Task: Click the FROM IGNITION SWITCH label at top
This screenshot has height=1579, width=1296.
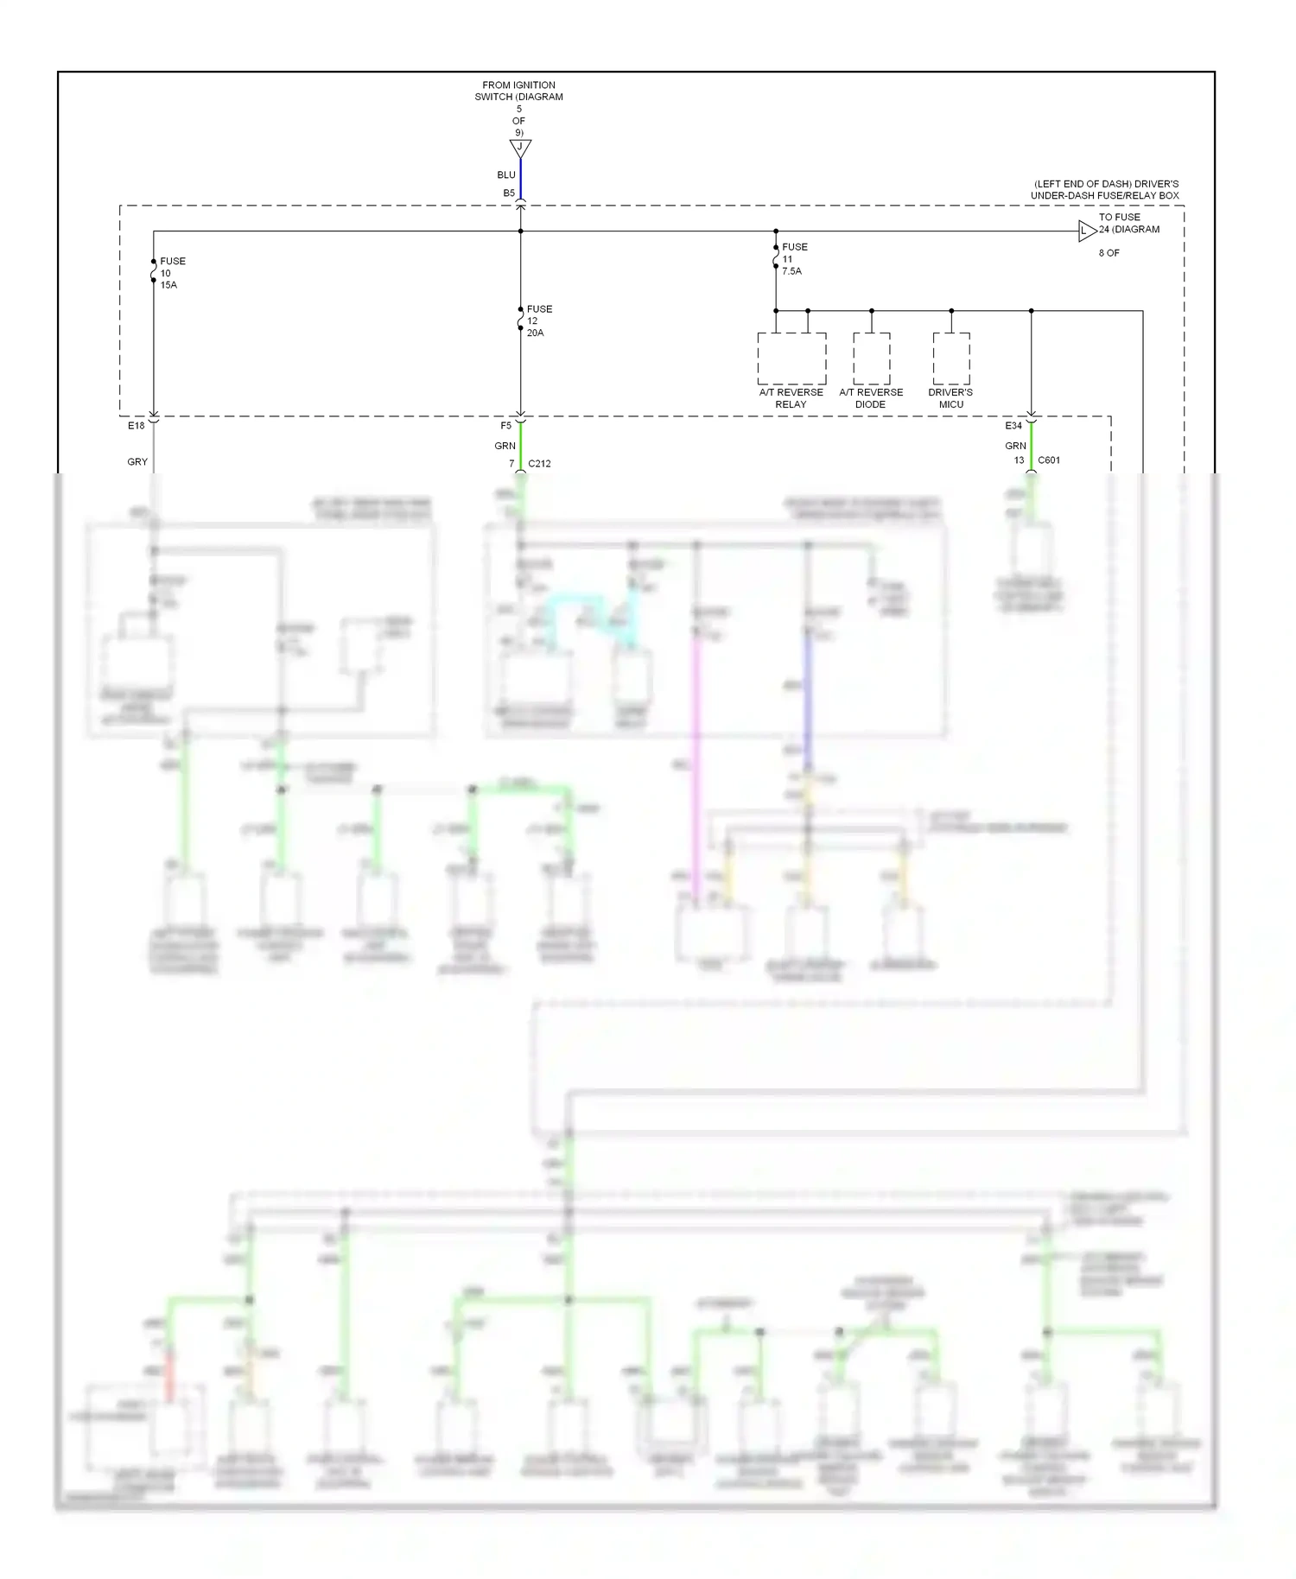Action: click(x=518, y=91)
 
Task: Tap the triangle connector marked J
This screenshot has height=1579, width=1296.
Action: click(x=520, y=148)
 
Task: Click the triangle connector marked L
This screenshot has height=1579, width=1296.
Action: click(x=1085, y=231)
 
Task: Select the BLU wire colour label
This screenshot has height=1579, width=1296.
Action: click(x=506, y=174)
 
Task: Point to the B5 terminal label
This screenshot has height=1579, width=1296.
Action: click(x=509, y=193)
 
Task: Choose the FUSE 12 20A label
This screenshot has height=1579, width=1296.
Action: click(x=539, y=320)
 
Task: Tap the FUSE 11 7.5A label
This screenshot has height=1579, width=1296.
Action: click(x=794, y=258)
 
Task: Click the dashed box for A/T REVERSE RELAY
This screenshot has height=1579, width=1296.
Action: click(x=791, y=358)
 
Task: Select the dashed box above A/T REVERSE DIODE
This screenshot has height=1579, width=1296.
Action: click(x=871, y=358)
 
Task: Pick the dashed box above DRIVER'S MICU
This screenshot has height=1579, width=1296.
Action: click(x=950, y=358)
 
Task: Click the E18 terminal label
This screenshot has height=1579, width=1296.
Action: click(x=137, y=426)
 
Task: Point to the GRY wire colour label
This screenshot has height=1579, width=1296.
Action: click(x=137, y=462)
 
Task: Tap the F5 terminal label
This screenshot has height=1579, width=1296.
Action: click(x=506, y=426)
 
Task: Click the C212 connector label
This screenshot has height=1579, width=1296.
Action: click(x=539, y=464)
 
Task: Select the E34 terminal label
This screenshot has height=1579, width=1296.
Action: click(x=1013, y=426)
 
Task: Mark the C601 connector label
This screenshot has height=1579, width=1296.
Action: click(x=1049, y=460)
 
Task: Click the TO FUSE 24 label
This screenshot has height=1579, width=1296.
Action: click(x=1128, y=224)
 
